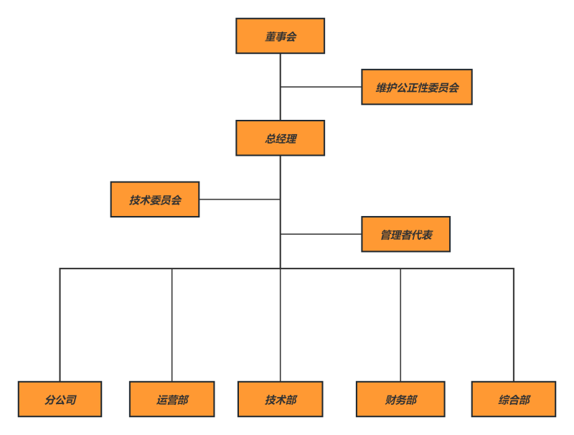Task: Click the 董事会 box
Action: point(280,36)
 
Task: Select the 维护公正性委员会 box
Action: point(417,87)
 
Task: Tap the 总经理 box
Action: point(280,138)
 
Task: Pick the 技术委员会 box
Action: point(155,200)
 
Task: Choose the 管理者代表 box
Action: point(405,234)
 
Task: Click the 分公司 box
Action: point(60,399)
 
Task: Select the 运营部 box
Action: point(172,399)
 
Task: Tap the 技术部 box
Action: point(281,399)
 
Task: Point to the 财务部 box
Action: point(400,399)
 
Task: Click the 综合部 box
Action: point(514,399)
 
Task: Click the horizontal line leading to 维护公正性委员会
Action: point(321,87)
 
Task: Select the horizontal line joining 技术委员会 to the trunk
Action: point(240,200)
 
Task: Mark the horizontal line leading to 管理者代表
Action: point(321,234)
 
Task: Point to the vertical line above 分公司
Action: point(60,324)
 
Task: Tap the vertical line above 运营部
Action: point(172,324)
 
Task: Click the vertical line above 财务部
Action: point(400,324)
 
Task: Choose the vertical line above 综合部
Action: point(514,324)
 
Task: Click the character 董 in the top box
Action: point(270,37)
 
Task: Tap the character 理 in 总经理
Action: point(291,139)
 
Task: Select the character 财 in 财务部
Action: point(390,400)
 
